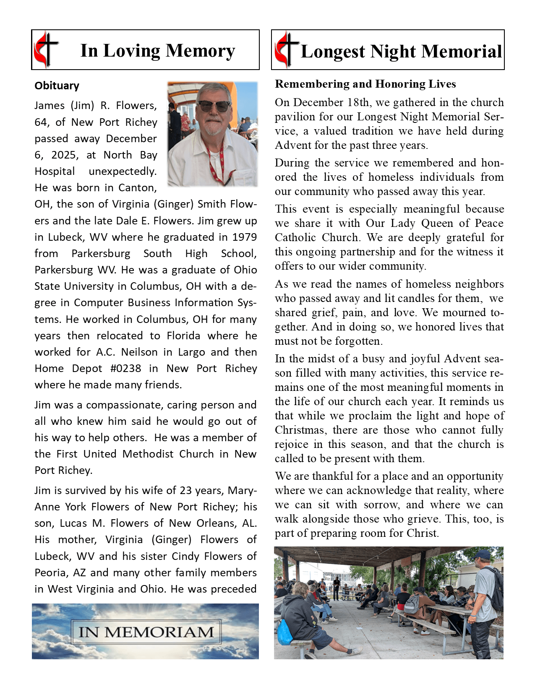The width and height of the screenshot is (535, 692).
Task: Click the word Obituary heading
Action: pyautogui.click(x=57, y=86)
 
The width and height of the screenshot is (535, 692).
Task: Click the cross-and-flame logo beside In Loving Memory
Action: pyautogui.click(x=46, y=49)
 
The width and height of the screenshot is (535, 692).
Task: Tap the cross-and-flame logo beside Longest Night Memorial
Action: pyautogui.click(x=287, y=49)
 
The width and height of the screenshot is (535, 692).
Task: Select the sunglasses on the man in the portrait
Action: pyautogui.click(x=214, y=106)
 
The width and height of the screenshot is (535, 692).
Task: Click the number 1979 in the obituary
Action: pyautogui.click(x=244, y=237)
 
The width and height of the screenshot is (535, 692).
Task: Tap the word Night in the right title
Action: pyautogui.click(x=393, y=52)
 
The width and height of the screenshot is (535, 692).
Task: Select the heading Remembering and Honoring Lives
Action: pyautogui.click(x=365, y=84)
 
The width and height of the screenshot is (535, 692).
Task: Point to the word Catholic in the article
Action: pyautogui.click(x=295, y=238)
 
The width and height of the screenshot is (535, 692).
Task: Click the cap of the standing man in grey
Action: pyautogui.click(x=483, y=554)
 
